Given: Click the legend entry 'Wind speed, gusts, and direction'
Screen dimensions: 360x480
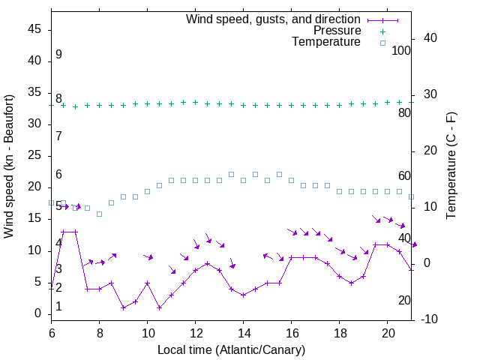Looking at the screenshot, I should [273, 19].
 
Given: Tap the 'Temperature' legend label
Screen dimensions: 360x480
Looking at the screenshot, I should [326, 43].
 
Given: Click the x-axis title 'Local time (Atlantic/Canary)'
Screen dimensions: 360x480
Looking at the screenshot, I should [231, 350].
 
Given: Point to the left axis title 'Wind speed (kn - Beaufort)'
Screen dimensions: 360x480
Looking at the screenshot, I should [9, 166].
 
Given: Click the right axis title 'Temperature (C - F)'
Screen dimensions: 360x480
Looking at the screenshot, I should [451, 166].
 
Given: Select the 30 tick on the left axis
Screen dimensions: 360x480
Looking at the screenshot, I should [34, 124].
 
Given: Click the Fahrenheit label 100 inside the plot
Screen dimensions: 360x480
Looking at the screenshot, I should [401, 50].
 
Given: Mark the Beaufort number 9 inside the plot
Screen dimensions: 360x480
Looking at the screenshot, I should [58, 55].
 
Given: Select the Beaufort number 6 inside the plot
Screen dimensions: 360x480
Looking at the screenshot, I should [58, 175].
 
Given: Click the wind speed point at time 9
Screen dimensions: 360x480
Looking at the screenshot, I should [123, 307].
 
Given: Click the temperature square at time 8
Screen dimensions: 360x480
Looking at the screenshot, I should [99, 214].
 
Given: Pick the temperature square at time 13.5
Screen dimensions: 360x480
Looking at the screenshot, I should [231, 174].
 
